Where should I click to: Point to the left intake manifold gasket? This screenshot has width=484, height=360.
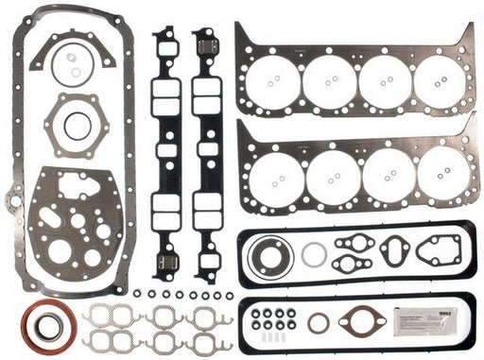[x=166, y=151]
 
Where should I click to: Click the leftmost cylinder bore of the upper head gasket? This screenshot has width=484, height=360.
[x=275, y=80]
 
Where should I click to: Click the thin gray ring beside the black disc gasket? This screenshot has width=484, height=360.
[x=315, y=254]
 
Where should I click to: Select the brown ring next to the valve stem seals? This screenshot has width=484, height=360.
[x=319, y=323]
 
